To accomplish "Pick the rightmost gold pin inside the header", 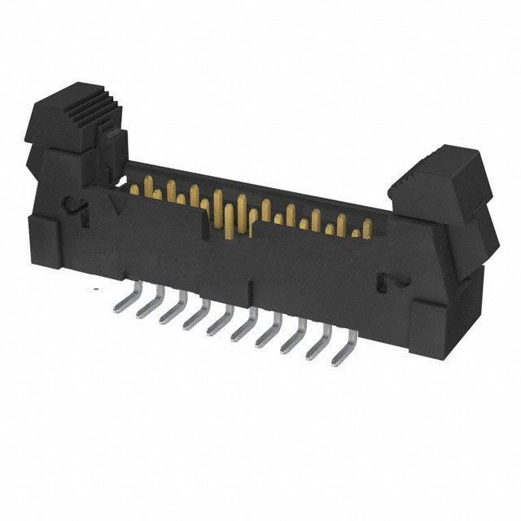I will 356,234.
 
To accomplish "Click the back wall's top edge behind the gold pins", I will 269,183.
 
